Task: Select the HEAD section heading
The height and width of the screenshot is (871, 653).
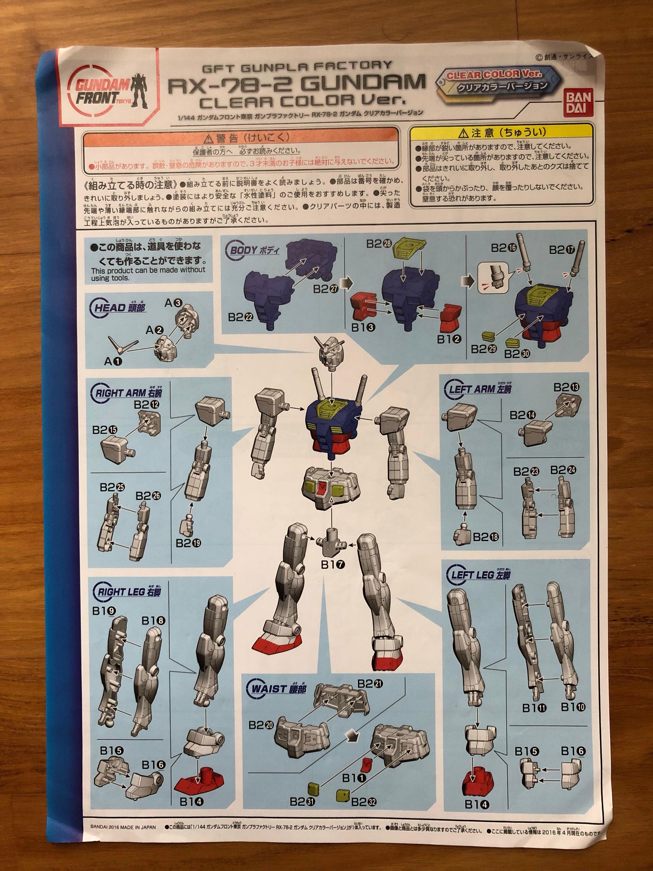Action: point(119,308)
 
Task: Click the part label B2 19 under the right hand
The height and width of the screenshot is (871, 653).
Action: point(188,543)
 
